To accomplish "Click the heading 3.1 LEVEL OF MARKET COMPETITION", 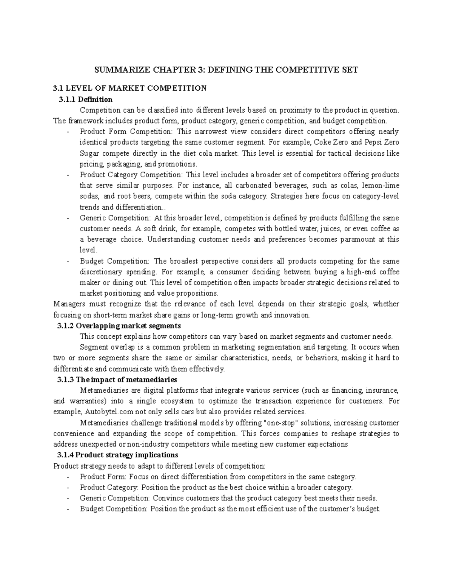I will click(x=130, y=88).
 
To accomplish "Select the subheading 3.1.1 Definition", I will click(x=85, y=99).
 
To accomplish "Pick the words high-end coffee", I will click(x=374, y=272).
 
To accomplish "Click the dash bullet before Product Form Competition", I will click(x=67, y=132).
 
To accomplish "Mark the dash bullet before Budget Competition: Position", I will click(x=67, y=509).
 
